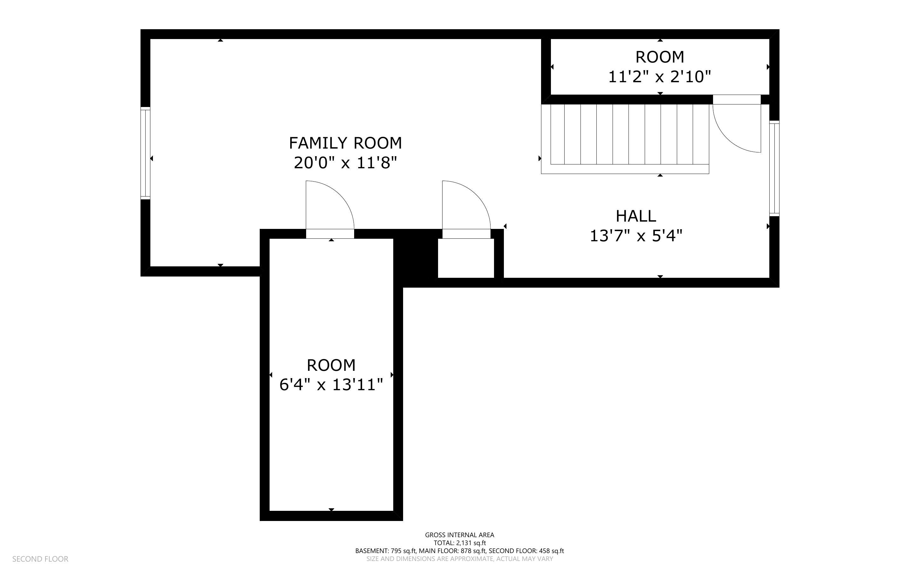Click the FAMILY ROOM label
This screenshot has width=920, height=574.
(x=345, y=143)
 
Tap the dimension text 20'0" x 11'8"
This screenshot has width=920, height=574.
(x=345, y=163)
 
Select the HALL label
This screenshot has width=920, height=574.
(x=636, y=216)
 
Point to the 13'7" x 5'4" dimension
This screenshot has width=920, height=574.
(x=636, y=236)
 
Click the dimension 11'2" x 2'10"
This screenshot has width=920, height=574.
(x=659, y=77)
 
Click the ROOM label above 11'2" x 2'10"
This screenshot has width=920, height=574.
(x=660, y=57)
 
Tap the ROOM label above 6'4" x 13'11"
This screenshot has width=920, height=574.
(x=331, y=365)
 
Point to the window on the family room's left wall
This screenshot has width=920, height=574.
(x=146, y=153)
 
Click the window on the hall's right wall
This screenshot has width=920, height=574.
(x=774, y=169)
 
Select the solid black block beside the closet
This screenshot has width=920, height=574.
(x=416, y=258)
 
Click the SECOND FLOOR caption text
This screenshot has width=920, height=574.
(x=40, y=559)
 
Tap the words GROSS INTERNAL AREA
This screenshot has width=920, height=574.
(x=459, y=535)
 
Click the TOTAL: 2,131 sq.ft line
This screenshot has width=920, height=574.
(x=459, y=543)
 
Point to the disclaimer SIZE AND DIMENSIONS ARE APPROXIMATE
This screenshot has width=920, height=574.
(x=459, y=559)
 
